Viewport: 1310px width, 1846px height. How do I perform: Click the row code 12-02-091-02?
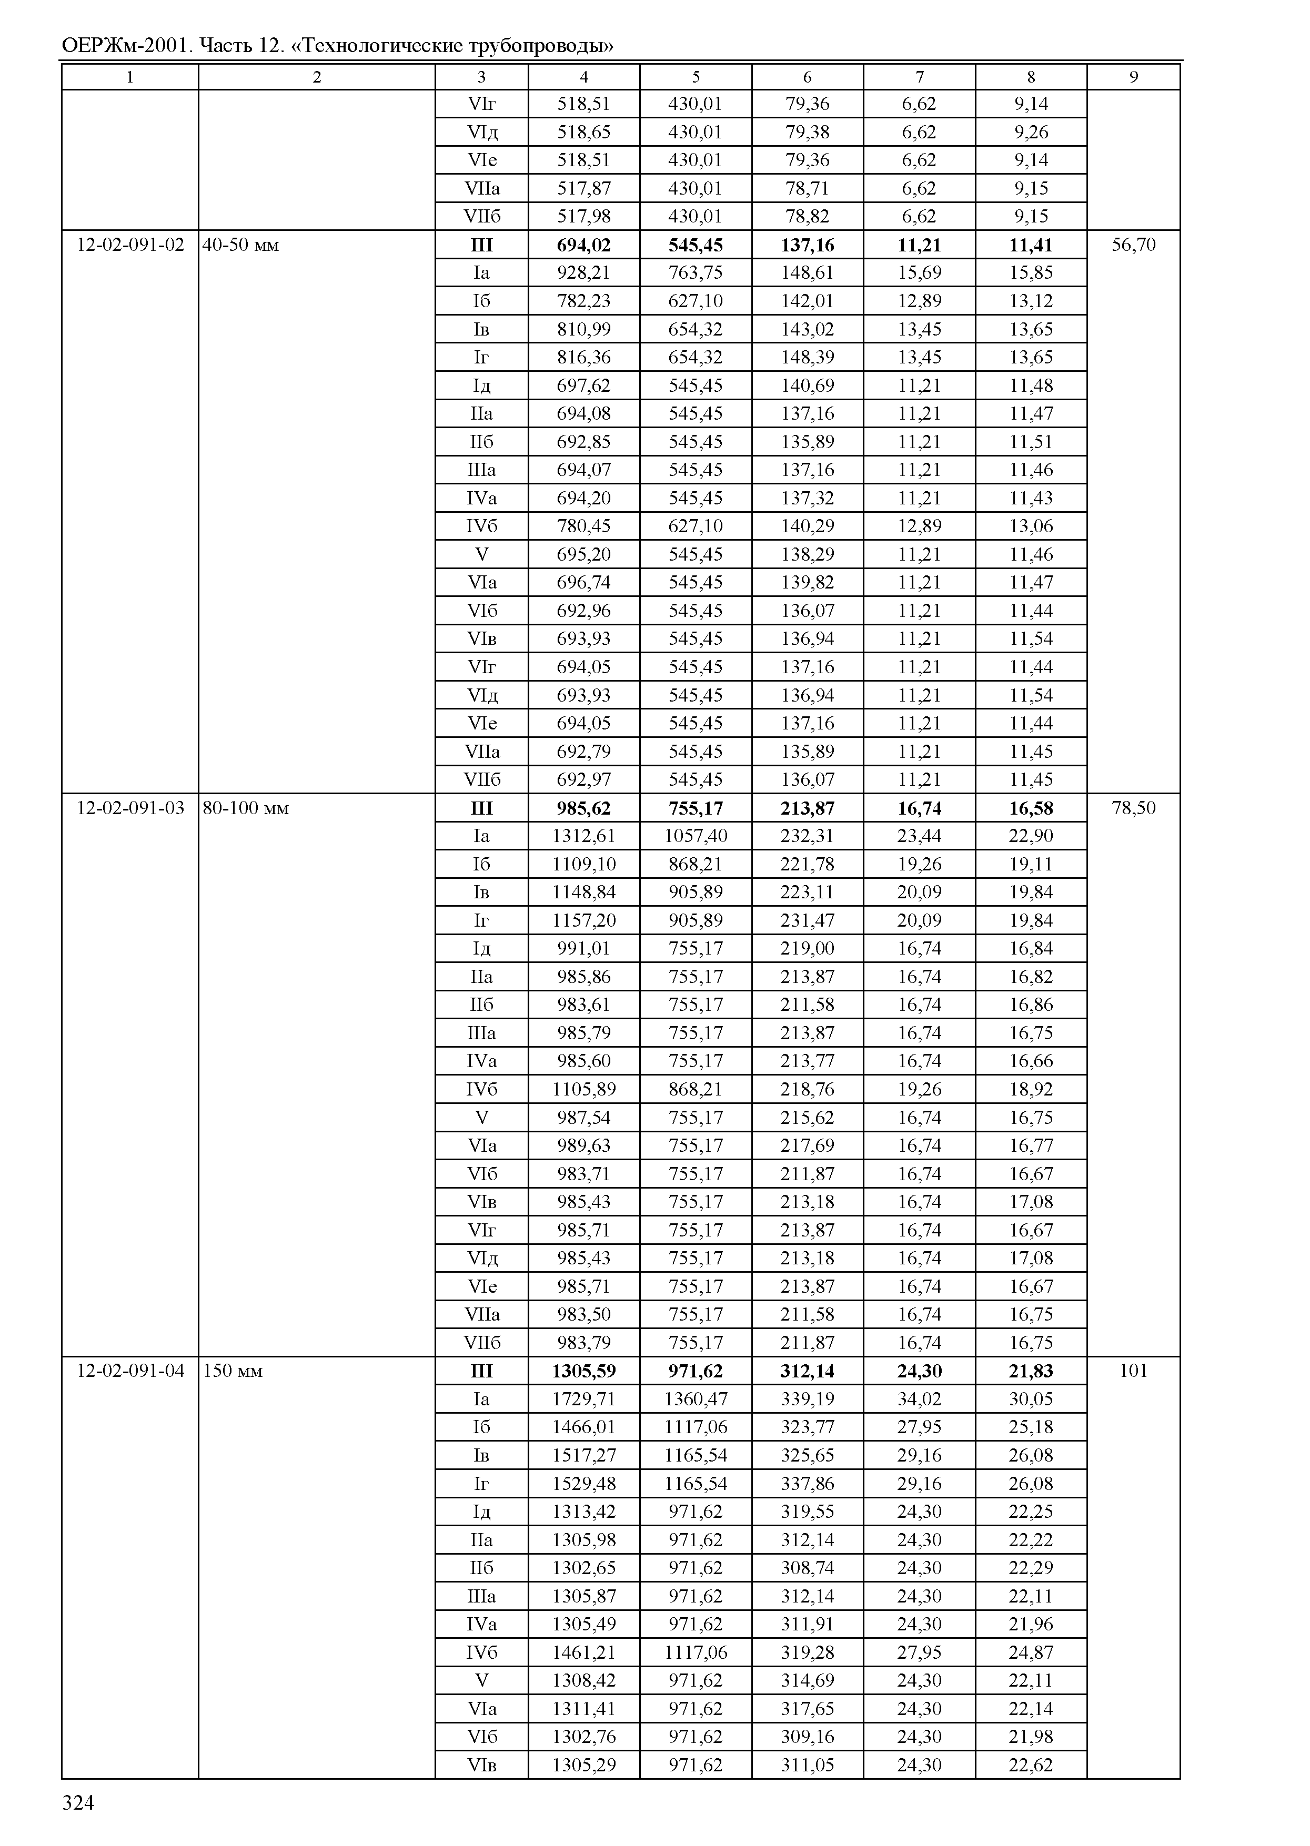pos(130,245)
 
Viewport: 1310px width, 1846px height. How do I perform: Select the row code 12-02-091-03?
pos(130,808)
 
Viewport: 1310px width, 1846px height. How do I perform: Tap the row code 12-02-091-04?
pos(130,1371)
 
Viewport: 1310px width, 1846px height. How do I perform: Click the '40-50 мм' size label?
pos(240,245)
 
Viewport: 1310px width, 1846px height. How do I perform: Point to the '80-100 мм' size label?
pos(245,808)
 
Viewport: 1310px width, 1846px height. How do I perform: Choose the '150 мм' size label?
pos(233,1371)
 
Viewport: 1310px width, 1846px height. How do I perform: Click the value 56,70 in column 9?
pos(1133,245)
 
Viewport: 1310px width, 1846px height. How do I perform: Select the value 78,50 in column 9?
pos(1133,808)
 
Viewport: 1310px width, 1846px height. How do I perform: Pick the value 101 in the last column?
pos(1133,1371)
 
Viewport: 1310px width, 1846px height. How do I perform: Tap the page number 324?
pos(78,1803)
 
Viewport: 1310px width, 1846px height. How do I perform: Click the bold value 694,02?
pos(583,245)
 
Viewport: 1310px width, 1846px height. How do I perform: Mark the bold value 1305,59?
pos(583,1371)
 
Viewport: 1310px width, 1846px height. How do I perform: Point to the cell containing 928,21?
pos(583,272)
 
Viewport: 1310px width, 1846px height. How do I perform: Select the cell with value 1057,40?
pos(696,836)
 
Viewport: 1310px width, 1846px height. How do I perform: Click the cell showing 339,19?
pos(808,1399)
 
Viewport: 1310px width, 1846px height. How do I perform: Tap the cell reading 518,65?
pos(583,132)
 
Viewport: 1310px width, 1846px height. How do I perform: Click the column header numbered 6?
pos(808,77)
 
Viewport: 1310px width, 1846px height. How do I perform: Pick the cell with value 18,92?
pos(1031,1090)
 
